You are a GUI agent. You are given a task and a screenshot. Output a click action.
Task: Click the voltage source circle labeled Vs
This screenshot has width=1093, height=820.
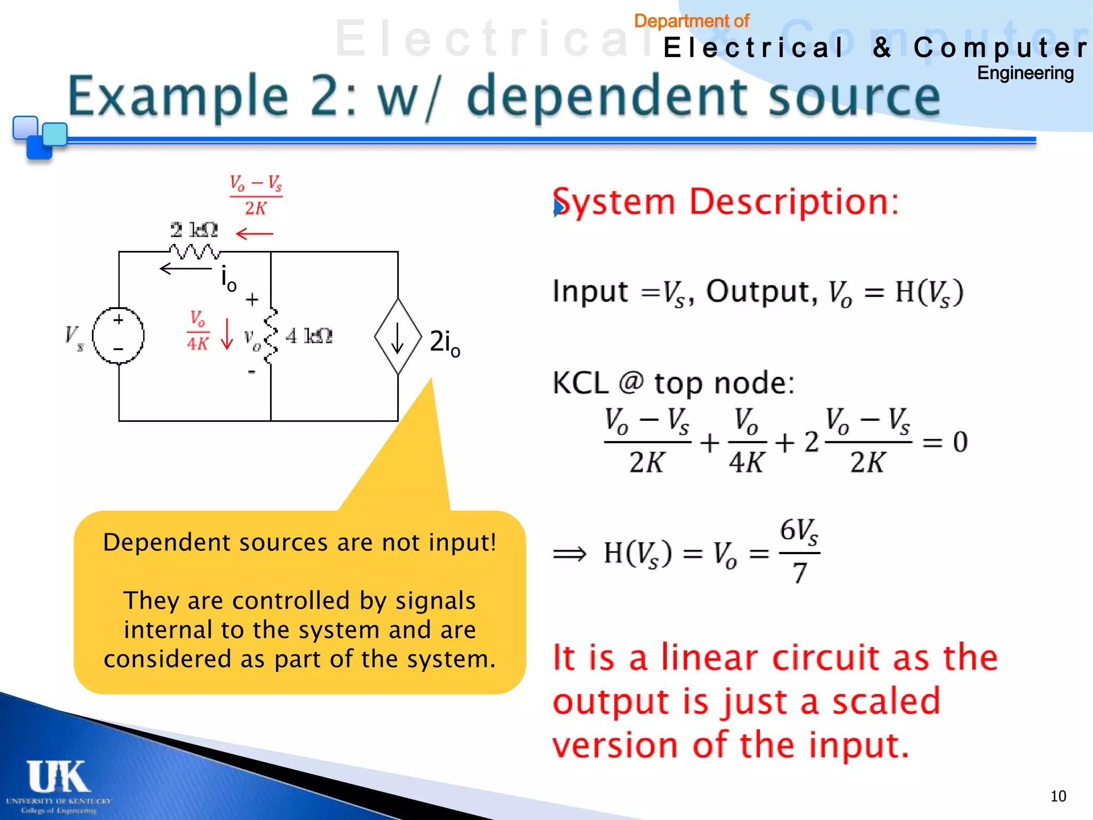pyautogui.click(x=118, y=336)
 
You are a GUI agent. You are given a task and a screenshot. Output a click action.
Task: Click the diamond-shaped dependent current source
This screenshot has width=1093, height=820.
pyautogui.click(x=398, y=336)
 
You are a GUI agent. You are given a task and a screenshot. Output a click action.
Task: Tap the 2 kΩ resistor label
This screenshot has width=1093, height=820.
pyautogui.click(x=194, y=230)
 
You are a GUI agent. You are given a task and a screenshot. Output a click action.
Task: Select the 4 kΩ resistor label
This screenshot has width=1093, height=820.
pyautogui.click(x=309, y=336)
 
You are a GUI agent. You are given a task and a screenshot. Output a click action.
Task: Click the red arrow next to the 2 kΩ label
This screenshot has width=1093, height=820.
pyautogui.click(x=254, y=234)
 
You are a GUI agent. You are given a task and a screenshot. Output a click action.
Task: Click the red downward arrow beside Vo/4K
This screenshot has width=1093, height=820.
pyautogui.click(x=227, y=334)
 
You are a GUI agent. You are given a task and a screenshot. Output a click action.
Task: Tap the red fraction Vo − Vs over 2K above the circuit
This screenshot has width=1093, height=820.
pyautogui.click(x=256, y=195)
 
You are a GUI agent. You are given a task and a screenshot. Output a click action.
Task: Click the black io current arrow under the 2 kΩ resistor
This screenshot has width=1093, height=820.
pyautogui.click(x=185, y=269)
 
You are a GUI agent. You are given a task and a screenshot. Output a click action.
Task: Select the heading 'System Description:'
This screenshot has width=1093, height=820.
pyautogui.click(x=726, y=202)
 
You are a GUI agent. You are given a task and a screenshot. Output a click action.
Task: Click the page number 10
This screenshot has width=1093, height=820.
pyautogui.click(x=1058, y=796)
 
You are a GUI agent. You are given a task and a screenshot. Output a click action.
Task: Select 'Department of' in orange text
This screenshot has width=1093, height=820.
pyautogui.click(x=691, y=21)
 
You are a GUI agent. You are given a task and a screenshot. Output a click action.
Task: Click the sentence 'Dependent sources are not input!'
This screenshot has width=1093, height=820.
pyautogui.click(x=299, y=542)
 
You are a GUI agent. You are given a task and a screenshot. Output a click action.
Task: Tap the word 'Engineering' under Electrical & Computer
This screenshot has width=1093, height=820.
pyautogui.click(x=1025, y=73)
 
